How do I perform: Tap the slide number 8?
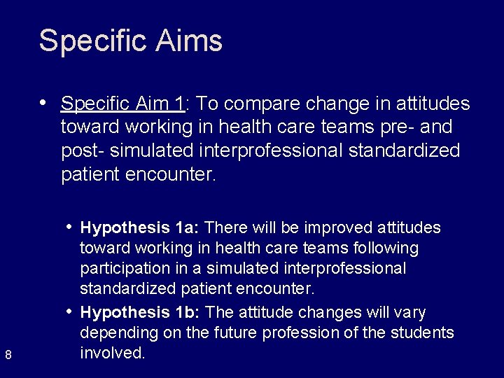pos(8,356)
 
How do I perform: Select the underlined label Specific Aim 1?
pos(122,104)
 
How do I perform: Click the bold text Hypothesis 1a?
pos(141,227)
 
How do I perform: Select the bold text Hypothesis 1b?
pos(141,311)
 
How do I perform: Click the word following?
pos(386,248)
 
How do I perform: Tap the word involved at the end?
pos(112,353)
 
